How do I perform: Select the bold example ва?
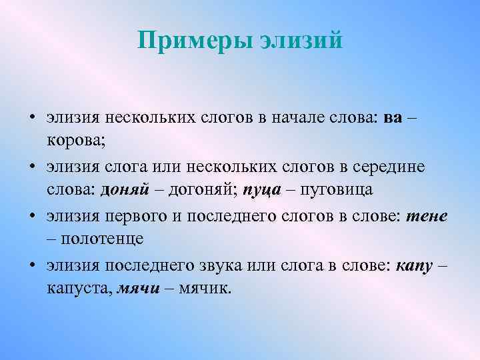393,119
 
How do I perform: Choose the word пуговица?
336,189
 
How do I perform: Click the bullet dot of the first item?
33,119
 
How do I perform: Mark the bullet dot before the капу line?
33,265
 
